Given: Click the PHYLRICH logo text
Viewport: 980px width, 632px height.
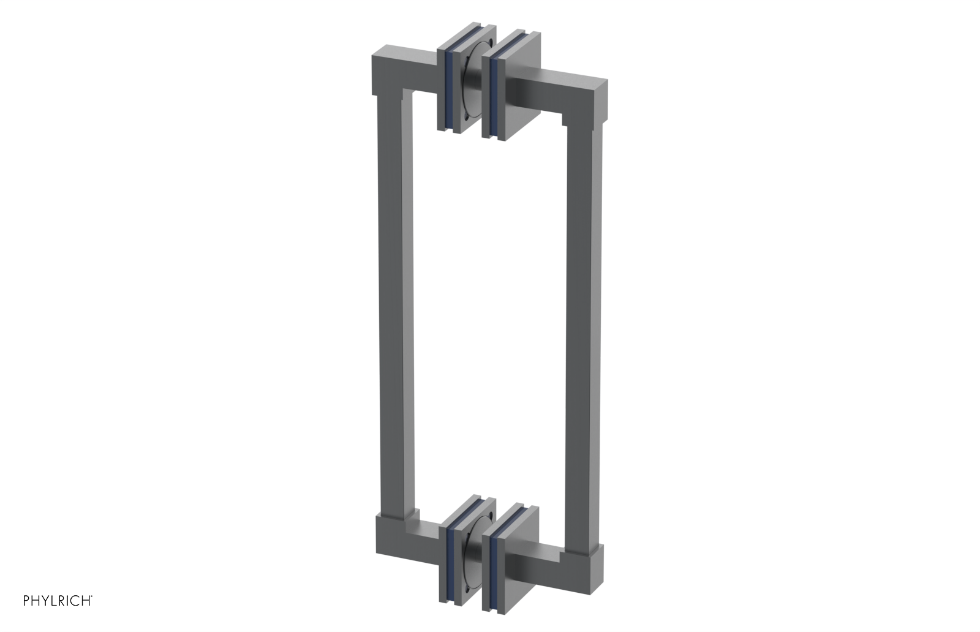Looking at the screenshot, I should coord(58,601).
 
